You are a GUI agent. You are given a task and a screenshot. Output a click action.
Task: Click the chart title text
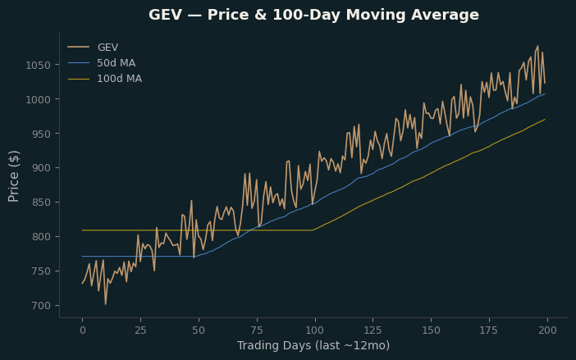tap(313, 15)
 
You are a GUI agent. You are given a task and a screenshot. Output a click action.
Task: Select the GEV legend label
tap(107, 48)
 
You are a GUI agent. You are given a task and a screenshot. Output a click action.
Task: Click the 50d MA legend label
tap(116, 63)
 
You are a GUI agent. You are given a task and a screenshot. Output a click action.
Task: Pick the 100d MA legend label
tap(120, 79)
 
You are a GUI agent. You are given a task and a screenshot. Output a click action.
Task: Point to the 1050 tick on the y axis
tap(38, 66)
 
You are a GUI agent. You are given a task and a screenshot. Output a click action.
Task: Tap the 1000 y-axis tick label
tap(38, 99)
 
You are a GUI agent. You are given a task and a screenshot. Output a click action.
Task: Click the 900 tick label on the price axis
tap(41, 168)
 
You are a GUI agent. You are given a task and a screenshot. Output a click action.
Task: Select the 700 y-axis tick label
tap(41, 306)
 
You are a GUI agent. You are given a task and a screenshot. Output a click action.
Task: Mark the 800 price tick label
tap(41, 237)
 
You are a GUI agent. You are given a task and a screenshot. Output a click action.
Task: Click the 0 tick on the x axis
tap(83, 330)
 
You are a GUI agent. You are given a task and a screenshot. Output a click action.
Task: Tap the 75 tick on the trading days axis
tap(257, 330)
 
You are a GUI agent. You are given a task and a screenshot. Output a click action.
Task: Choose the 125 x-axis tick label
tap(373, 330)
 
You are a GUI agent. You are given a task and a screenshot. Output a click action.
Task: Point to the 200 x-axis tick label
tap(547, 330)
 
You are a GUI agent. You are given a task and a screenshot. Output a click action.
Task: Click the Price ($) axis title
tap(14, 176)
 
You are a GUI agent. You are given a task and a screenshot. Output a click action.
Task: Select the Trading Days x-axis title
tap(313, 346)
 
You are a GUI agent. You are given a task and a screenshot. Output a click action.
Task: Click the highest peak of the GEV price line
tap(537, 46)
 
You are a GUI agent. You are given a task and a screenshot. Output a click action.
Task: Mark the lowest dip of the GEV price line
tap(106, 304)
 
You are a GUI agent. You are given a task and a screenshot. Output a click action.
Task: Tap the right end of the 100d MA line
tap(545, 119)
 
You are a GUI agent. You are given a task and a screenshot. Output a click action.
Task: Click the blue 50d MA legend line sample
tap(79, 63)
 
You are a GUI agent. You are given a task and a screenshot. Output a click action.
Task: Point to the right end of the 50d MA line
tap(545, 94)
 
